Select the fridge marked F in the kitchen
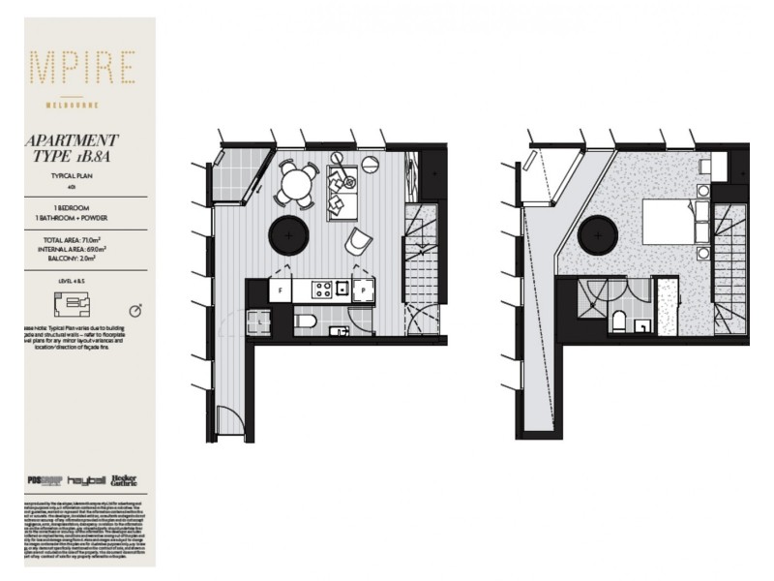tap(280, 290)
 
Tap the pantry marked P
tap(363, 289)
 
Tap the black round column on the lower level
tap(291, 233)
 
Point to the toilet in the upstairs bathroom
tap(619, 322)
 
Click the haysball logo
tap(85, 481)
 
